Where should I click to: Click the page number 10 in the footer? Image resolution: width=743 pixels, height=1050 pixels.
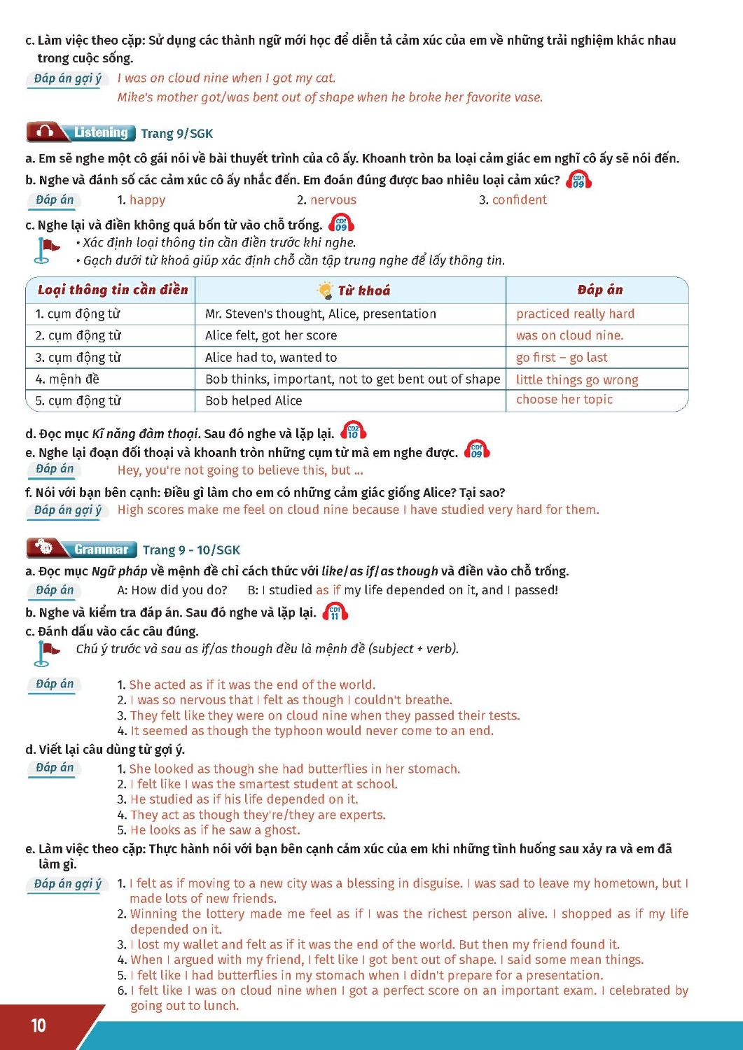[39, 1025]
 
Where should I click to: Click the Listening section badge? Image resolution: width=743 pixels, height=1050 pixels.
[80, 132]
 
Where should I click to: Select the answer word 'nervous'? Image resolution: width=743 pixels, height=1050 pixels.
[333, 200]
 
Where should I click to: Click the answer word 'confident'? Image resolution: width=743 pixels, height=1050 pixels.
[519, 200]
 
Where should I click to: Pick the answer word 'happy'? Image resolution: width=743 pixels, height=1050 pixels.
[147, 200]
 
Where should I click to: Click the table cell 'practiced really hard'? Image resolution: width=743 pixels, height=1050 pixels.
[575, 314]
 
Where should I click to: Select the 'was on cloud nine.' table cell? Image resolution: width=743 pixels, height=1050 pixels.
[569, 335]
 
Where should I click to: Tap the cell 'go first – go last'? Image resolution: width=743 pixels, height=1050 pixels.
[562, 358]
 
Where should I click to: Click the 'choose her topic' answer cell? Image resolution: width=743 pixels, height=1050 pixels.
[564, 400]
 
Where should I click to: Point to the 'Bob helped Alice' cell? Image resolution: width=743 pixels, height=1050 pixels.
[254, 400]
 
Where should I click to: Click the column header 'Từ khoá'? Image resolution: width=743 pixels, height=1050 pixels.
[363, 290]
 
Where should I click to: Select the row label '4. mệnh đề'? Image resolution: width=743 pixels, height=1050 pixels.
[67, 379]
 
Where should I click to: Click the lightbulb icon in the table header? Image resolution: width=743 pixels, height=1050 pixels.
[325, 290]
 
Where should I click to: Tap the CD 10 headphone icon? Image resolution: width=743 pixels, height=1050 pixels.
[353, 430]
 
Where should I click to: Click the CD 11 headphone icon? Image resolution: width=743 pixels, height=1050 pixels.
[335, 612]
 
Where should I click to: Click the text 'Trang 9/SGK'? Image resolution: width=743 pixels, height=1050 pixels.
[176, 133]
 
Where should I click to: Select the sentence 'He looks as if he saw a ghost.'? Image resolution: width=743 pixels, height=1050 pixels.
[215, 830]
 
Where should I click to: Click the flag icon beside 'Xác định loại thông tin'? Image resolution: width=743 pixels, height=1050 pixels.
[46, 251]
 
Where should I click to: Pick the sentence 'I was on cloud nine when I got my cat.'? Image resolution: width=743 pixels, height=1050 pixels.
[226, 78]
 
